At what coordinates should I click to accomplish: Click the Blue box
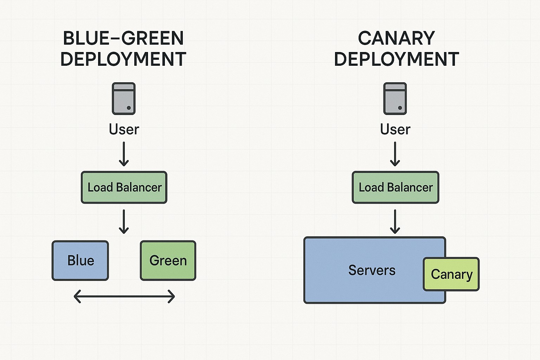tap(80, 261)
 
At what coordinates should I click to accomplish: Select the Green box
tap(168, 261)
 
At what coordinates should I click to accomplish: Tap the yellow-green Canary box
tap(451, 274)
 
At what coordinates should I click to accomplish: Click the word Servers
tap(372, 270)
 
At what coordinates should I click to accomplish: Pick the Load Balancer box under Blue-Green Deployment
tap(124, 187)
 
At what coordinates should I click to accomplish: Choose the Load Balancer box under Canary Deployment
tap(396, 187)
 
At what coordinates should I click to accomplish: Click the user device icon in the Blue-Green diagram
tap(124, 98)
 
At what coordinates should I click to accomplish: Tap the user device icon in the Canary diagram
tap(395, 98)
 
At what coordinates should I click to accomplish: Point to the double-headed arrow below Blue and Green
tap(124, 297)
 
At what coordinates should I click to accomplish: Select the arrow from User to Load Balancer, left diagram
tap(124, 154)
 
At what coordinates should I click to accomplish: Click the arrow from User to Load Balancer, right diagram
tap(395, 154)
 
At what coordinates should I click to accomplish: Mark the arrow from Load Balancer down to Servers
tap(395, 221)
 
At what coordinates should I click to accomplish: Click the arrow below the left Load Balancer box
tap(124, 221)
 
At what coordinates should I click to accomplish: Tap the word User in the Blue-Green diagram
tap(124, 129)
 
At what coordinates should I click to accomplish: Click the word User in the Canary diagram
tap(395, 129)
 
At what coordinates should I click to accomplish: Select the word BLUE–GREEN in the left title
tap(123, 38)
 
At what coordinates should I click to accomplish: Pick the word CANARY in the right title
tap(396, 38)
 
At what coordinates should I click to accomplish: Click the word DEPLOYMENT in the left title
tap(123, 59)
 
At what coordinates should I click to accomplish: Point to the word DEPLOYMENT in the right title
tap(396, 59)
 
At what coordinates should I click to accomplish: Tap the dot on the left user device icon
tap(129, 108)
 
